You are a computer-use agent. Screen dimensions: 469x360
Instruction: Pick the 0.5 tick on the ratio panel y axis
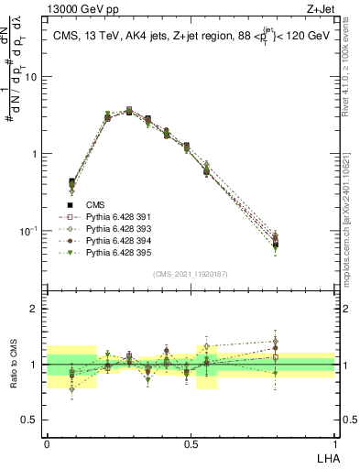tap(33, 420)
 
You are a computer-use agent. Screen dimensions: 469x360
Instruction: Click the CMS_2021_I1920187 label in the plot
tap(191, 274)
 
